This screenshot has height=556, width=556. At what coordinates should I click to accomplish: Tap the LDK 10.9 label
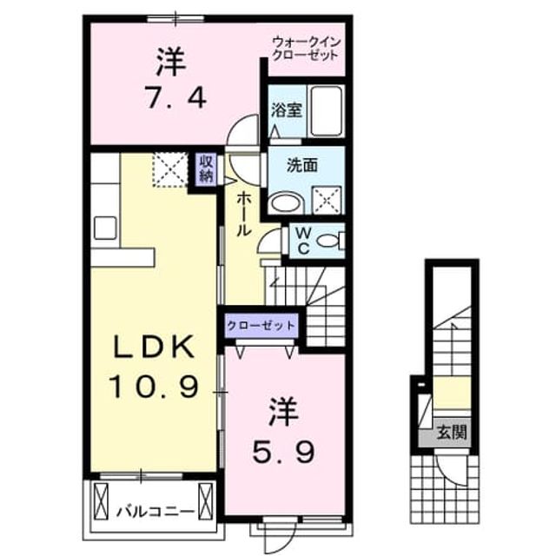(x=153, y=366)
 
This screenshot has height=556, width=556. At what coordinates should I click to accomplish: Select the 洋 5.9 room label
(x=283, y=431)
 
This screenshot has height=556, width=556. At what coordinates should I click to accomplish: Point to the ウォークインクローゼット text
(x=306, y=49)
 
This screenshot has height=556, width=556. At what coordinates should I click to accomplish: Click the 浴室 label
(x=287, y=110)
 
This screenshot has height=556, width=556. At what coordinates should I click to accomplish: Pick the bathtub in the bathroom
(x=327, y=111)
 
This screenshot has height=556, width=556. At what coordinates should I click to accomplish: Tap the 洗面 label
(x=301, y=166)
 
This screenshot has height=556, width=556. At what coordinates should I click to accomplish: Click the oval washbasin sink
(x=287, y=203)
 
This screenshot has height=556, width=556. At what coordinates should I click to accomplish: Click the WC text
(x=303, y=242)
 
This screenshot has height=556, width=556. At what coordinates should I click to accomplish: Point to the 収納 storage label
(x=207, y=169)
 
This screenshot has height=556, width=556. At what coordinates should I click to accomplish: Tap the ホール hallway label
(x=243, y=214)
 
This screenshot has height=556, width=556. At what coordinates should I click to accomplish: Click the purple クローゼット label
(x=261, y=325)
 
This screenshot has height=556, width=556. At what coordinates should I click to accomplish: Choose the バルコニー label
(x=156, y=512)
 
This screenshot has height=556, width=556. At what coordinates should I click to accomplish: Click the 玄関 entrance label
(x=451, y=433)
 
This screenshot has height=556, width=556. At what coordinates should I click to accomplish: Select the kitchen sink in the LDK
(x=105, y=228)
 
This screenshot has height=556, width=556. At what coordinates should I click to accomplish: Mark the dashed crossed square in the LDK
(x=170, y=169)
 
